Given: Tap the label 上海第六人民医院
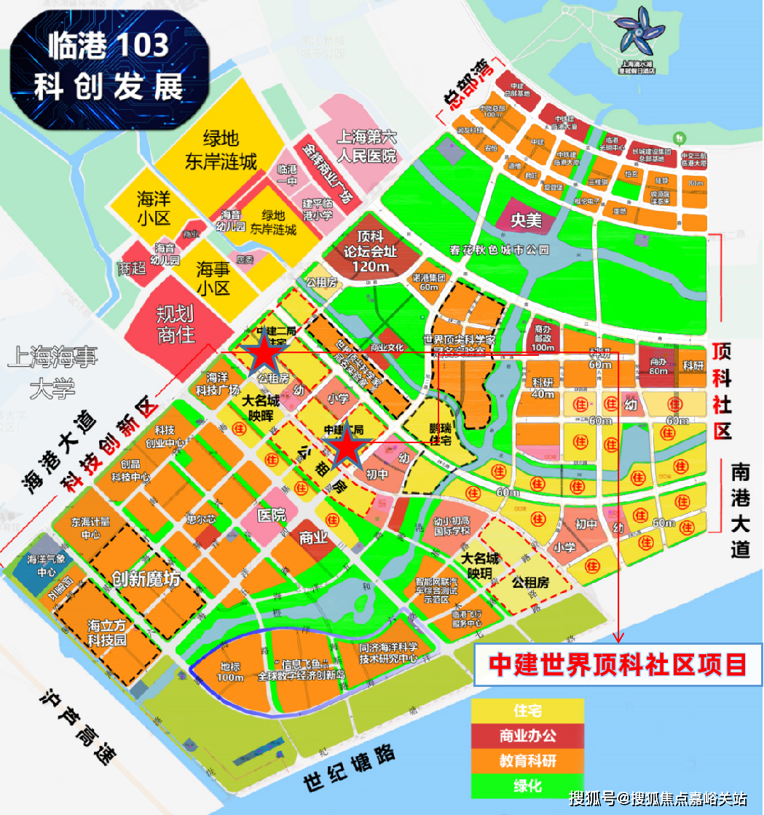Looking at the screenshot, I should pyautogui.click(x=366, y=145).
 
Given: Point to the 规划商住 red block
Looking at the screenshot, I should pyautogui.click(x=176, y=324).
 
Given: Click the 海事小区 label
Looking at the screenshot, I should pyautogui.click(x=213, y=279).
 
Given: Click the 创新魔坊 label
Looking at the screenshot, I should pyautogui.click(x=146, y=579).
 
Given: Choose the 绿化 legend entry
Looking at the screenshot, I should pyautogui.click(x=527, y=787).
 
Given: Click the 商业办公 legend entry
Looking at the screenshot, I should pyautogui.click(x=527, y=736).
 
